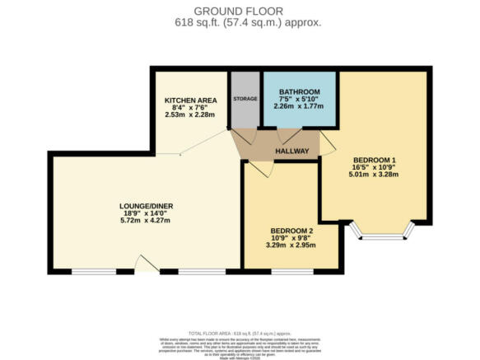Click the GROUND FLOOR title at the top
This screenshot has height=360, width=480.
click(240, 10)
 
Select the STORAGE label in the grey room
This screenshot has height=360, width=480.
click(245, 99)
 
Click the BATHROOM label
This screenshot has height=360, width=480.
click(299, 91)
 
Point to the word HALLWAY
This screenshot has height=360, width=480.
click(291, 151)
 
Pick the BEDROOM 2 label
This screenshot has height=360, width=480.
click(292, 231)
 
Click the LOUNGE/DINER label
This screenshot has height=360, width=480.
click(146, 206)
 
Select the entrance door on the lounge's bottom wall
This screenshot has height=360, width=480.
click(146, 264)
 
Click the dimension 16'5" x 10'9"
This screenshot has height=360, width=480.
click(375, 166)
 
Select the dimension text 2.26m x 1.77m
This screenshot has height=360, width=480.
click(299, 105)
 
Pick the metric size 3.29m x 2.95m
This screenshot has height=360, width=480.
click(292, 245)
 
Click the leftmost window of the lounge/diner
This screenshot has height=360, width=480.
click(93, 270)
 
